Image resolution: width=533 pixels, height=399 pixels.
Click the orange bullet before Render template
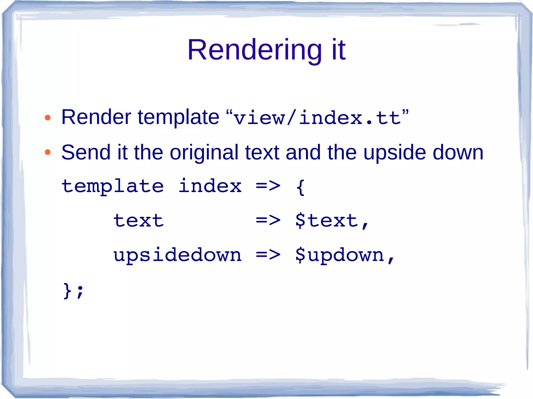tap(47, 118)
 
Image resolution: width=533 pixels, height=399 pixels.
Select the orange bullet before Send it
tap(47, 152)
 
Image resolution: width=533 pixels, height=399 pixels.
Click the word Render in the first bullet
tap(96, 117)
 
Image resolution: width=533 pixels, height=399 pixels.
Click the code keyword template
tap(113, 186)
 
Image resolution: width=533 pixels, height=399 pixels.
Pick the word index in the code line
tap(210, 186)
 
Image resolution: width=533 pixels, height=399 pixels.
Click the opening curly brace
tap(300, 187)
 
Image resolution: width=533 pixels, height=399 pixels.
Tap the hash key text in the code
tap(138, 221)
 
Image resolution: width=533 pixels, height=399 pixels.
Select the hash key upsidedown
tap(177, 255)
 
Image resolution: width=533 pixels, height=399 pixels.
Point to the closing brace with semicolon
tap(73, 290)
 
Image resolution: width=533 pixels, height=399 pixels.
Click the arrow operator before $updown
tap(268, 255)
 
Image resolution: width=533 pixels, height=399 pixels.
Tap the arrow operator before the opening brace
tap(268, 186)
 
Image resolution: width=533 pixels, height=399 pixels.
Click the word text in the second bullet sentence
tap(262, 153)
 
